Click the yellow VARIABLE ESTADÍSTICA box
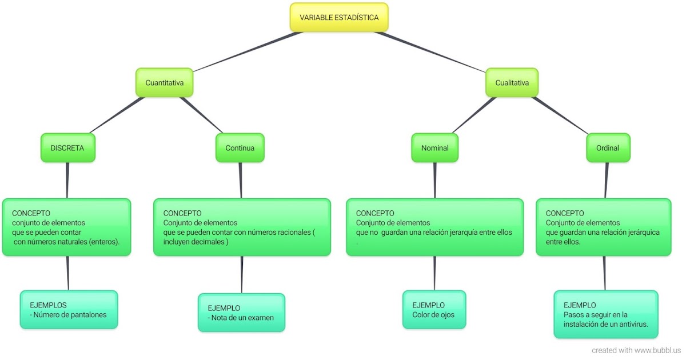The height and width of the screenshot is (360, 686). (338, 18)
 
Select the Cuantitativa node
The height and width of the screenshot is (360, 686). (164, 83)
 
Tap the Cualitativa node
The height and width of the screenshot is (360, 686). (512, 83)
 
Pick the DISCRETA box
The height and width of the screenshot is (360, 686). (67, 148)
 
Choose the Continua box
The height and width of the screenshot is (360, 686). (240, 148)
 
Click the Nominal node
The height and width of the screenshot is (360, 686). (434, 148)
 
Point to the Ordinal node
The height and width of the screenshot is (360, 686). (608, 148)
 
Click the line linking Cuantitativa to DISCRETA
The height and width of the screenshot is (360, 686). (117, 115)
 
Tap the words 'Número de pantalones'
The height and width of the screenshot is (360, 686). (70, 314)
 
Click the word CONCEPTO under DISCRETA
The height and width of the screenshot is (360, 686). (31, 213)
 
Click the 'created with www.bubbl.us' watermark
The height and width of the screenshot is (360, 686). (636, 350)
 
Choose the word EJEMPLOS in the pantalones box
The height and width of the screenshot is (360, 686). (48, 305)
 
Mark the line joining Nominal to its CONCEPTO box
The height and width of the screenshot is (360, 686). (434, 181)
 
